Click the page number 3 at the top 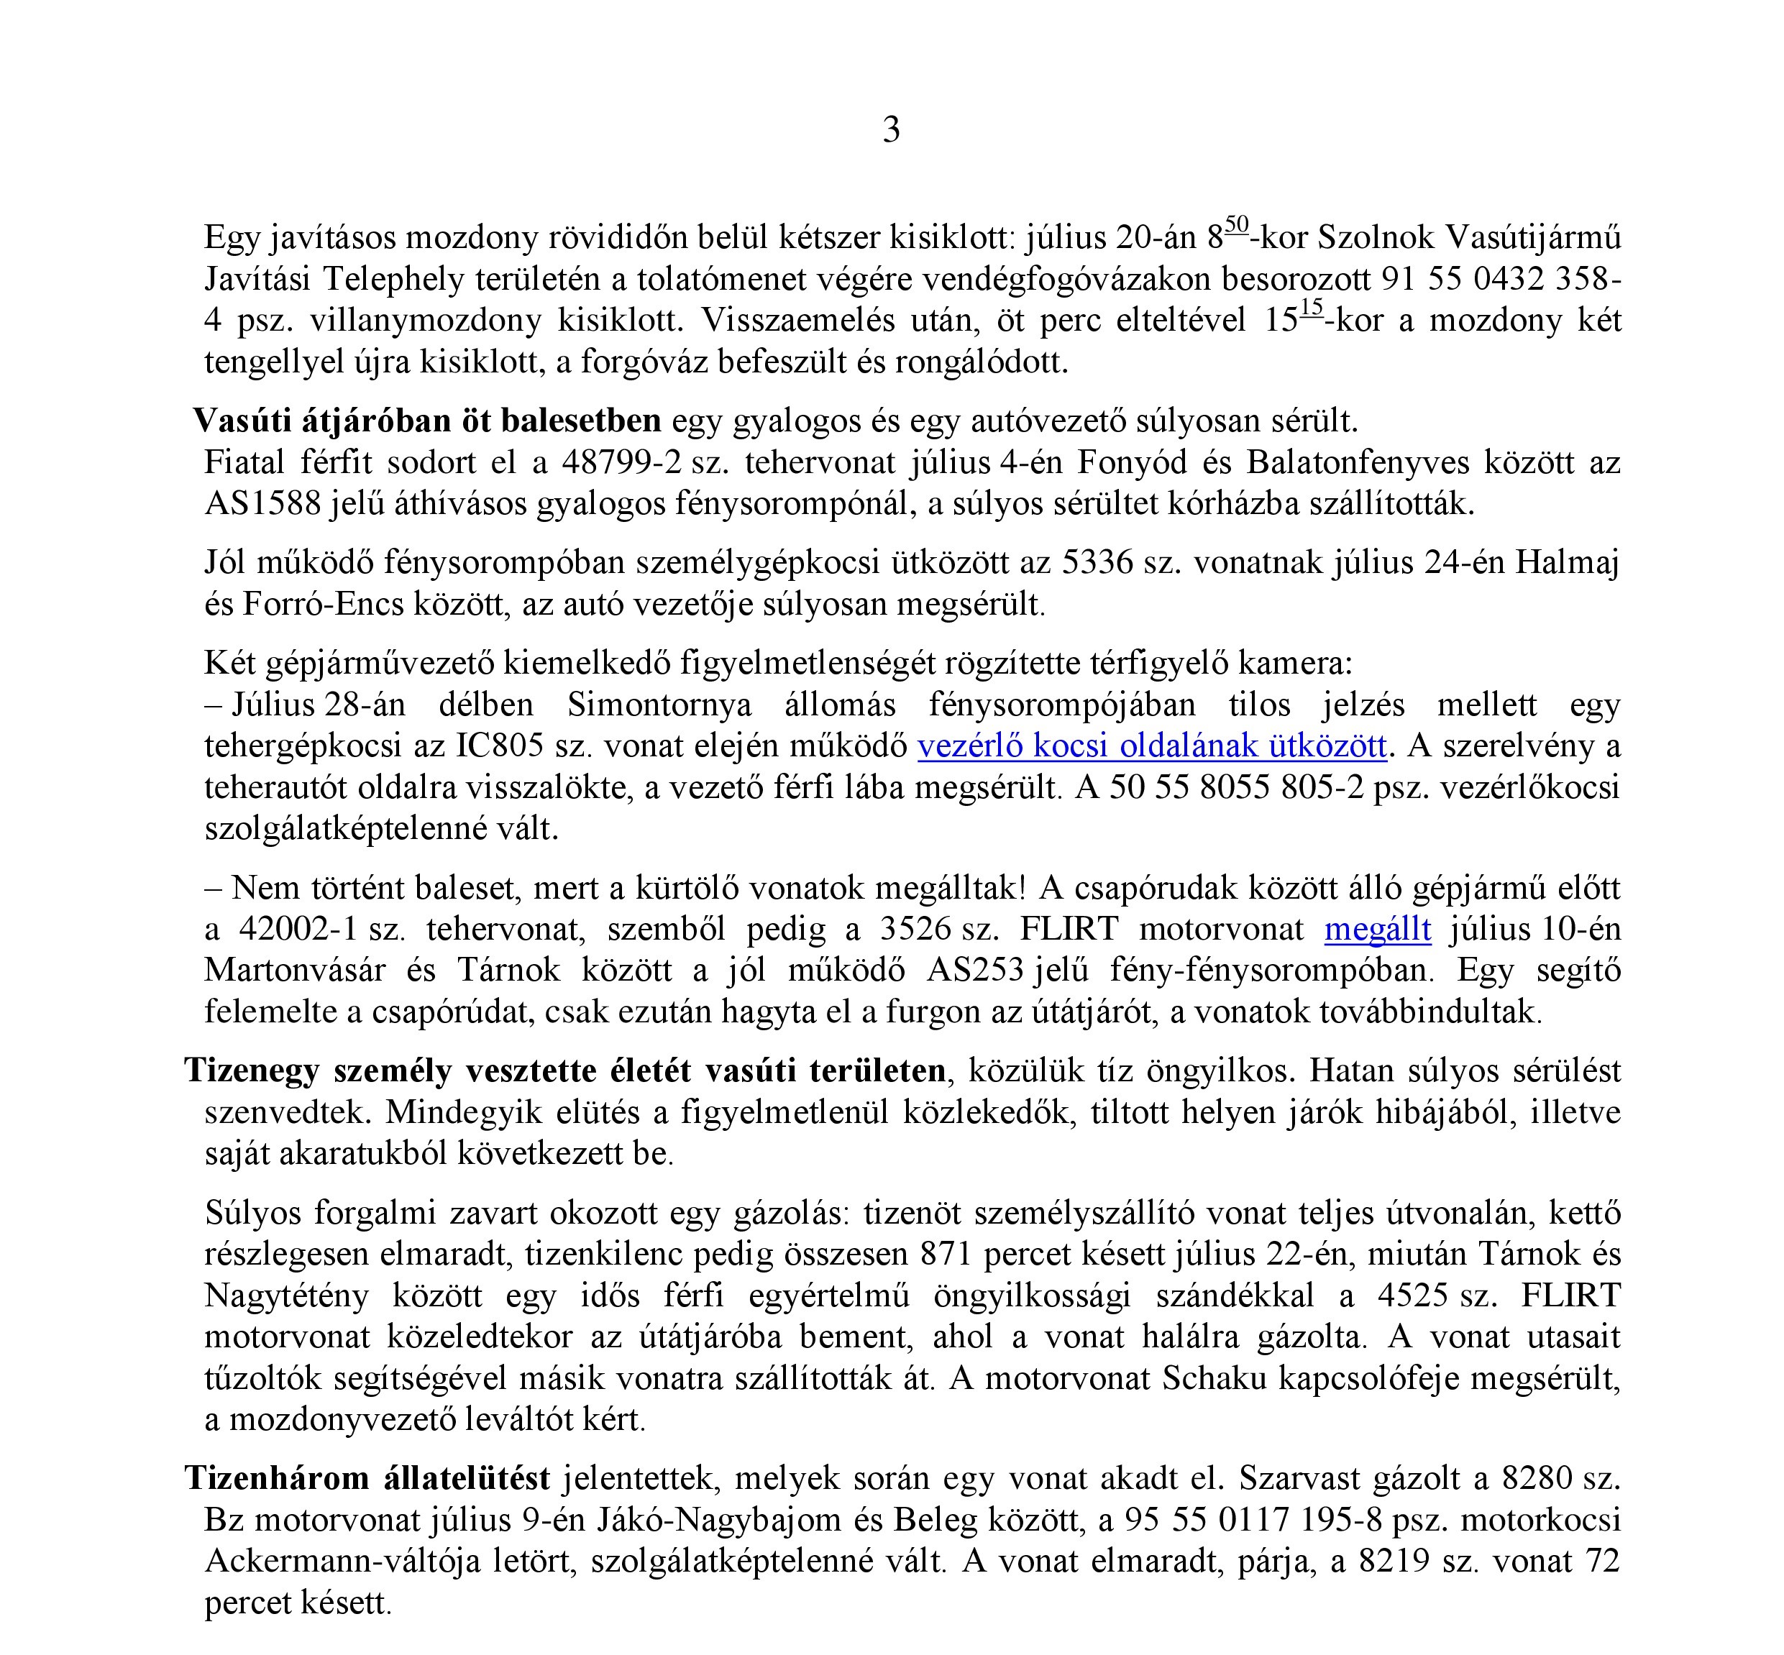click(x=891, y=131)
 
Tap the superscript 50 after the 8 click(x=1237, y=224)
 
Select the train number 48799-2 click(x=620, y=462)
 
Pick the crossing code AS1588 click(x=262, y=503)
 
